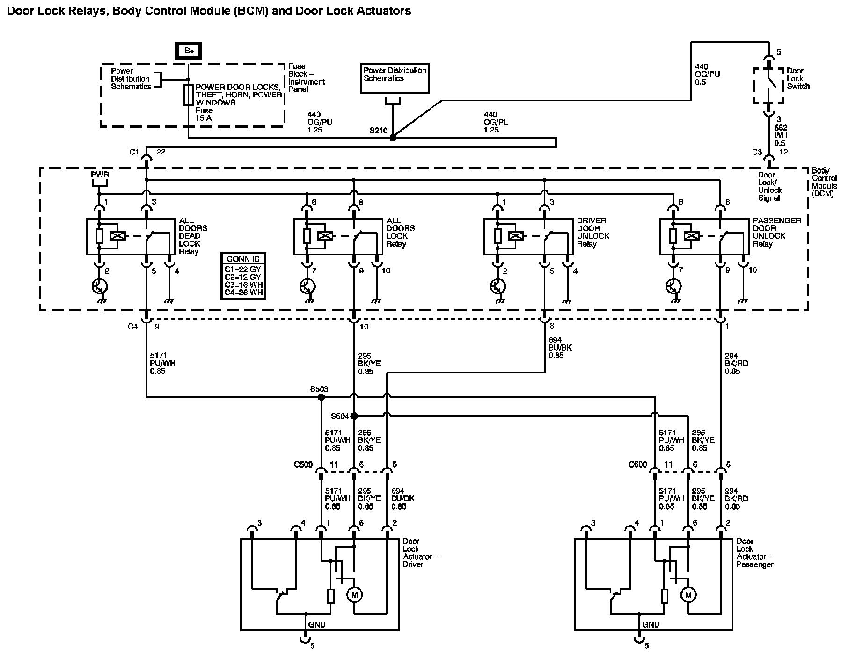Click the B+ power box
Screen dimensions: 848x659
189,51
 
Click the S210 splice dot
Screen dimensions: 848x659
393,138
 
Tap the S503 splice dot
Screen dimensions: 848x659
321,397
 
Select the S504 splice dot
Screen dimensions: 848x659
354,416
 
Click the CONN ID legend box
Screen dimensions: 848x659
243,276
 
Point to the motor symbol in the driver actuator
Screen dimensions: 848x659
354,595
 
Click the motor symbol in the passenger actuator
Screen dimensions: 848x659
688,595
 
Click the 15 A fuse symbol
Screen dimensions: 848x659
188,95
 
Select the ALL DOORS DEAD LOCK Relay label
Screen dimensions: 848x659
193,236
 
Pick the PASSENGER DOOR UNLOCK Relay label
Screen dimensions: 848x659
777,232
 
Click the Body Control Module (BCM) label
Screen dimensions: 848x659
825,182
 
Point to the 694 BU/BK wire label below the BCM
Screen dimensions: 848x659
560,348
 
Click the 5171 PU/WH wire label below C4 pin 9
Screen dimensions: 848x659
163,363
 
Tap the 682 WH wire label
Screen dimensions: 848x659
781,135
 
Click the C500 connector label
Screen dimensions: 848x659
303,465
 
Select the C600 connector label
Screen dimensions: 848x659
638,465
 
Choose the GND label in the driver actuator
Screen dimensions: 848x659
317,624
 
